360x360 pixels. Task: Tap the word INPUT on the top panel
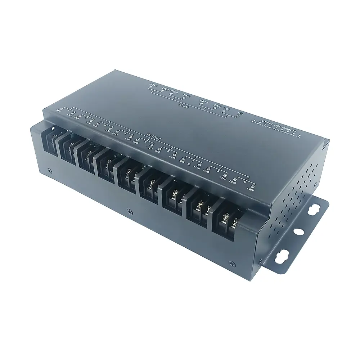pyautogui.click(x=184, y=105)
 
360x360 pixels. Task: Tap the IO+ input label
pyautogui.click(x=228, y=108)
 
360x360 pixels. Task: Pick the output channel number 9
pyautogui.click(x=244, y=183)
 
